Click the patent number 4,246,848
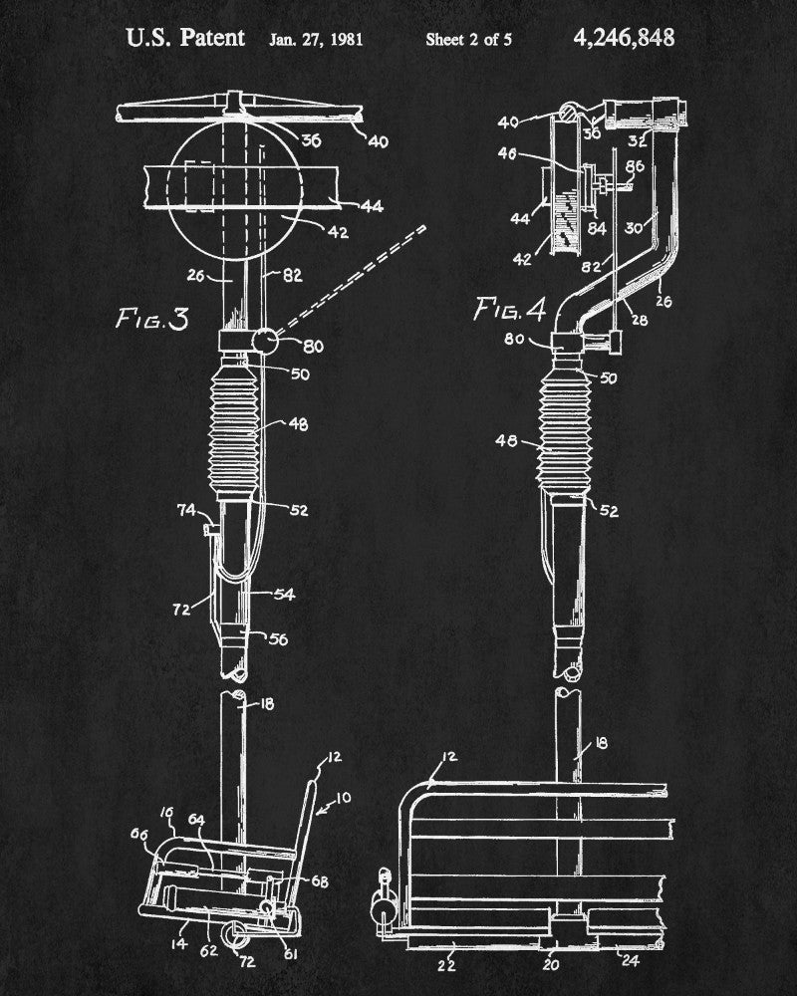pos(624,38)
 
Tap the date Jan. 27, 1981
pos(316,40)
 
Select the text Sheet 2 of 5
pos(469,40)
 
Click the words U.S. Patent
pos(185,39)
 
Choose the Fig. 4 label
pos(510,310)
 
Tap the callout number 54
pos(284,595)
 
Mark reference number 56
pos(278,638)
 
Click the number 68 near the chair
pos(319,881)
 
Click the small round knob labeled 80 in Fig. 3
pos(263,342)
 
